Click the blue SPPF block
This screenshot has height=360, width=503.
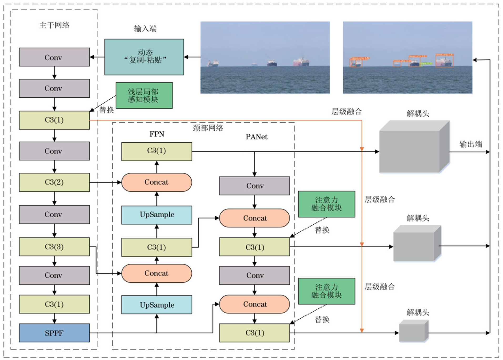pos(54,333)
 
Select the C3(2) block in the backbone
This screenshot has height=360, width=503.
pos(54,182)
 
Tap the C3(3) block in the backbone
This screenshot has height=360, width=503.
pos(54,247)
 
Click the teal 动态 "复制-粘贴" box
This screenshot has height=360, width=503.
pos(144,57)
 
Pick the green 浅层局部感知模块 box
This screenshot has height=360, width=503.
pos(144,95)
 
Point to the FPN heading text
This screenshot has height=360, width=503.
pos(157,134)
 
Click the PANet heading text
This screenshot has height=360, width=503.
pos(256,137)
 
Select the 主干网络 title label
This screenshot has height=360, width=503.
pos(54,25)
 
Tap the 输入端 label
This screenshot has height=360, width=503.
pos(145,28)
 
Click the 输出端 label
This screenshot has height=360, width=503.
pos(471,144)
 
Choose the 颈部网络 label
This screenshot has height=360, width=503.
pos(208,128)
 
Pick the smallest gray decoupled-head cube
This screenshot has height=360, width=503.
pos(413,332)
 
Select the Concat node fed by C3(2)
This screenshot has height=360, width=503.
pos(156,182)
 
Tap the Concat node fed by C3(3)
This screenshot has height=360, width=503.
pos(156,273)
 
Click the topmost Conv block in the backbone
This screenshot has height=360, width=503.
pos(54,57)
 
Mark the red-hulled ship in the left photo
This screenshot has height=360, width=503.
pos(301,62)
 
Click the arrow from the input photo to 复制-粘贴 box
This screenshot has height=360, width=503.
pos(192,57)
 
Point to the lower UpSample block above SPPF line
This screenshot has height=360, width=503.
pos(157,305)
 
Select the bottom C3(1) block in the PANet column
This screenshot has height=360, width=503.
pos(254,333)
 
